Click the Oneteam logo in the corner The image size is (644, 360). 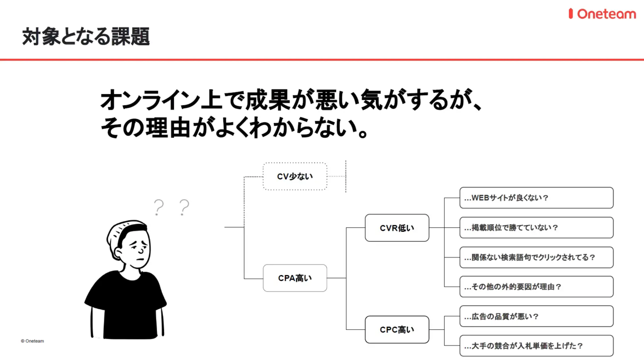click(602, 14)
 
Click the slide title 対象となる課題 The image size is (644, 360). click(86, 37)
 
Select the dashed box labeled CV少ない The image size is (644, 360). click(295, 176)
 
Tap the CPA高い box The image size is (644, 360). click(295, 278)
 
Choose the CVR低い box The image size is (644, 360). click(397, 228)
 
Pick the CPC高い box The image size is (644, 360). click(397, 330)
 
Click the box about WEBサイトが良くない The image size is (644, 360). click(536, 198)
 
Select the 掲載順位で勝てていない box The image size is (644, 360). click(536, 227)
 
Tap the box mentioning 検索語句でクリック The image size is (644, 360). click(536, 257)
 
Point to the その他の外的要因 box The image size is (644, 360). click(536, 287)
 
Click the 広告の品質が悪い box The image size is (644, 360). click(536, 316)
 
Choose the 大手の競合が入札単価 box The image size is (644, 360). click(536, 346)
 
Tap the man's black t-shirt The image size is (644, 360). click(126, 302)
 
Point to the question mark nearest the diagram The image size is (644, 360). click(184, 207)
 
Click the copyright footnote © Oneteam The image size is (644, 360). click(32, 341)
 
